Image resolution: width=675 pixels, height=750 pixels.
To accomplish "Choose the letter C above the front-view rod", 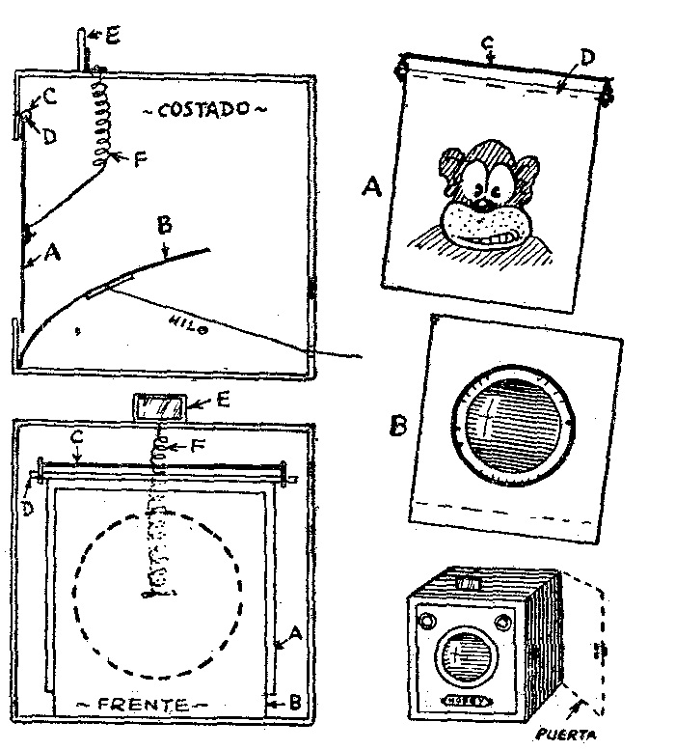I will coord(75,440).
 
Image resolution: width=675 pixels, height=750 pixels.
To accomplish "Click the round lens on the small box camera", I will coord(464,665).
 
